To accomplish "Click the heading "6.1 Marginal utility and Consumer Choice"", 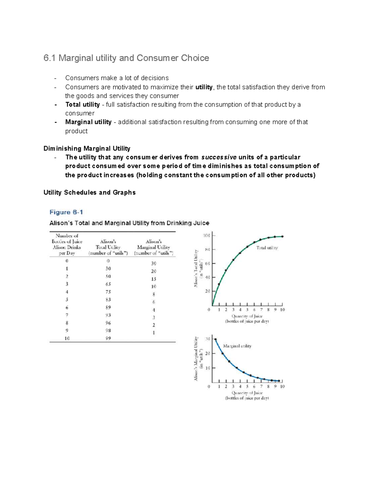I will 126,58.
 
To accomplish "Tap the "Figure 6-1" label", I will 66,212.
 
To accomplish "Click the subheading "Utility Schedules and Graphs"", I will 89,192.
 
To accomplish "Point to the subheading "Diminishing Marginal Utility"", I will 87,148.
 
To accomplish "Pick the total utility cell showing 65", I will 108,284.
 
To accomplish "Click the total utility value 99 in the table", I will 108,338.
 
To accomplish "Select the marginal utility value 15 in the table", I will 154,279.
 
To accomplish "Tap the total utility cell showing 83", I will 108,299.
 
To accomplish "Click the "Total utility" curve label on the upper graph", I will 267,248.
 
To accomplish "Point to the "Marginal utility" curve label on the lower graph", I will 237,346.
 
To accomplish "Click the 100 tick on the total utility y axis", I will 206,236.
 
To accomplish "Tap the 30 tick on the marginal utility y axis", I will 208,339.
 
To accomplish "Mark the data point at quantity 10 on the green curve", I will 282,237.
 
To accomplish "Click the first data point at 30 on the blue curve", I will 216,339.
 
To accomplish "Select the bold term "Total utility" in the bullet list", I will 82,105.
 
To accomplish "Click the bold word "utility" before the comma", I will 204,87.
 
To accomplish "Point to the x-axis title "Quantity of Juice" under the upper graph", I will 247,316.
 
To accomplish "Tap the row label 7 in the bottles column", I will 67,315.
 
